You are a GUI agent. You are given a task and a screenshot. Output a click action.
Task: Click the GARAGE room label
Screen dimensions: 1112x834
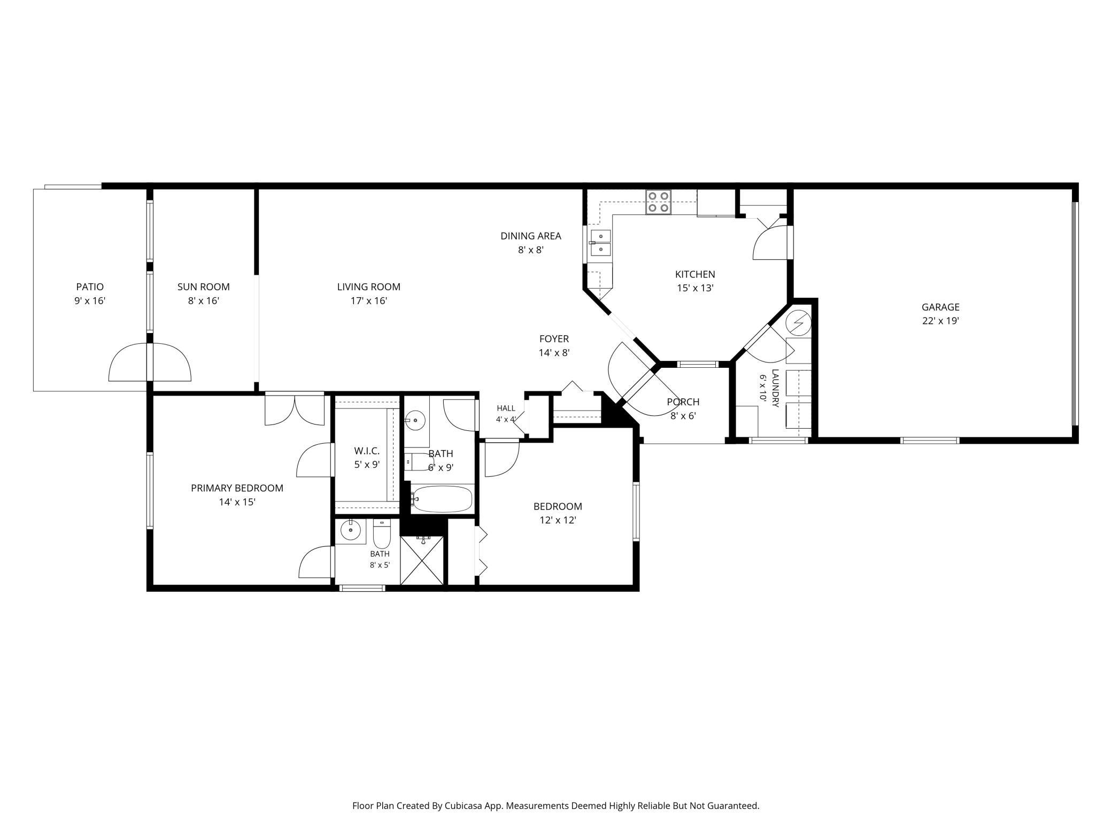click(940, 307)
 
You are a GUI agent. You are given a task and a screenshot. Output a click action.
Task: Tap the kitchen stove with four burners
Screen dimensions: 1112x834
click(658, 203)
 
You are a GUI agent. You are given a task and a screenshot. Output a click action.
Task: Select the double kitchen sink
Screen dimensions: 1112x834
click(600, 243)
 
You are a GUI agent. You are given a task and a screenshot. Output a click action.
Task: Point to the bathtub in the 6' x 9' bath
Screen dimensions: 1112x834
click(442, 499)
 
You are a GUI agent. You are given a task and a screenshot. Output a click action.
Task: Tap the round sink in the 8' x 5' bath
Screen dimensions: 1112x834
click(351, 530)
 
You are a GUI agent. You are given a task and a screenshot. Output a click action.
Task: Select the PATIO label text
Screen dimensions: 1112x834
click(90, 287)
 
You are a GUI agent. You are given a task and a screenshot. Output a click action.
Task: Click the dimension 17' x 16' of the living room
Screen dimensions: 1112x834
click(369, 301)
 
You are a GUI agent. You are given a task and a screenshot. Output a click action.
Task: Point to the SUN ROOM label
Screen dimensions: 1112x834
click(204, 287)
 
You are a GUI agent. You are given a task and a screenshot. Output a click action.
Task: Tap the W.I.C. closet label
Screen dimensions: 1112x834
click(367, 451)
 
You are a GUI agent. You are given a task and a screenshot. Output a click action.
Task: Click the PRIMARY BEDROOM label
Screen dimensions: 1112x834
click(237, 488)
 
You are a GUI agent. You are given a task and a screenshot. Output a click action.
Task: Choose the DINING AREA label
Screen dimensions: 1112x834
click(531, 236)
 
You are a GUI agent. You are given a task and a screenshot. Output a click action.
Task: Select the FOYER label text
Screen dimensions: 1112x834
click(554, 339)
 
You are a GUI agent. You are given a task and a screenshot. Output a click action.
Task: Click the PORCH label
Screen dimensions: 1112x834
click(683, 402)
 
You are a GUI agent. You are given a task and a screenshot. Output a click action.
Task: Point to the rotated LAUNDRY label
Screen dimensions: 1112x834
click(775, 388)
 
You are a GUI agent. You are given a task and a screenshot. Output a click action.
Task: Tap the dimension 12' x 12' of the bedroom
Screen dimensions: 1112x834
click(558, 520)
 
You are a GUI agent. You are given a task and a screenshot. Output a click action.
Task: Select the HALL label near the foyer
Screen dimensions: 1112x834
click(506, 408)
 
